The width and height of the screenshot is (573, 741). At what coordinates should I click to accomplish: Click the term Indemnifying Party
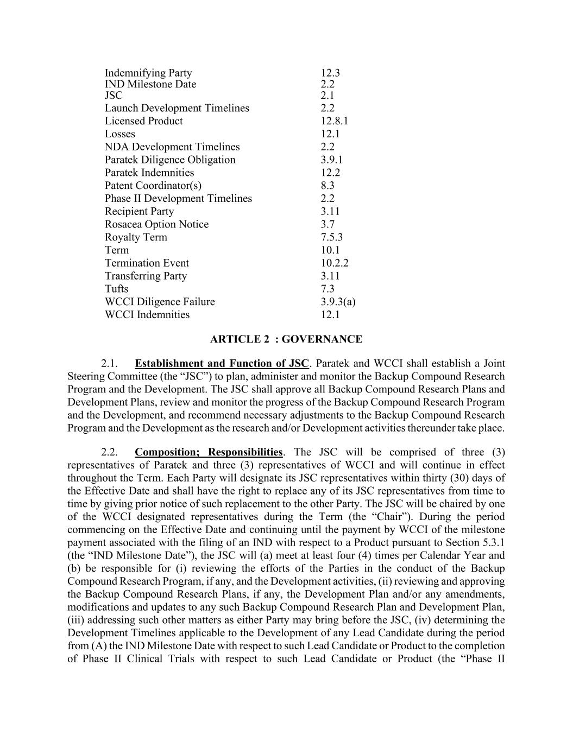[148, 73]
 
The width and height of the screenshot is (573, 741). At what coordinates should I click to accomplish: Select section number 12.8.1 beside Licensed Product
[334, 121]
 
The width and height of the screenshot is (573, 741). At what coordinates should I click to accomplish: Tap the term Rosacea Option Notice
[156, 224]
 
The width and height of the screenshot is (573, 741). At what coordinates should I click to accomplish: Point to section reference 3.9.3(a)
[338, 302]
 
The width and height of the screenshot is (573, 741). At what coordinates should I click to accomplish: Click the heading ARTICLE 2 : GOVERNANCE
[286, 339]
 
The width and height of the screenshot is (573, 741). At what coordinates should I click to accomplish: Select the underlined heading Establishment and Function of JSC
[222, 363]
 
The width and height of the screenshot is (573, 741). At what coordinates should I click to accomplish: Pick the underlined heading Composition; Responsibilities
[209, 452]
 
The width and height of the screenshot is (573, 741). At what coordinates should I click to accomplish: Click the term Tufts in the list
[116, 289]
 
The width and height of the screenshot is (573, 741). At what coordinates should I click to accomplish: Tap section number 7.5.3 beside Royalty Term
[331, 237]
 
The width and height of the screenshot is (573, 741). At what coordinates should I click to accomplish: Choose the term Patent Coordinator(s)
[153, 186]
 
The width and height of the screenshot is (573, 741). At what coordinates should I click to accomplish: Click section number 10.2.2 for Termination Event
[334, 263]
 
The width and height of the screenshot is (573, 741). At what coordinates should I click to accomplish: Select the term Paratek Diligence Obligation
[170, 160]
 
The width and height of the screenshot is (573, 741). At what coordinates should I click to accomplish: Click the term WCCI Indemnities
[147, 315]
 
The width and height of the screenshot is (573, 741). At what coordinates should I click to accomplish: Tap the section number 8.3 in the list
[328, 186]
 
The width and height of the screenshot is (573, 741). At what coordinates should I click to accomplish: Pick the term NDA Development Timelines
[172, 147]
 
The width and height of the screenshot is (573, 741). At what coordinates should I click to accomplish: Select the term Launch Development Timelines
[177, 108]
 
